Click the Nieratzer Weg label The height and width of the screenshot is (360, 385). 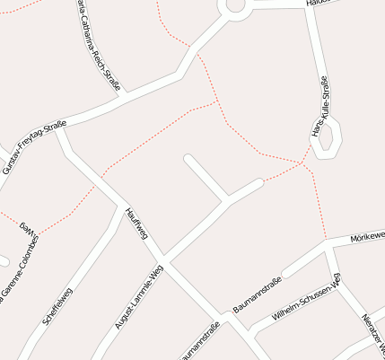click(x=373, y=332)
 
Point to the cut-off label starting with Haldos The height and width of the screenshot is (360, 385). click(x=319, y=3)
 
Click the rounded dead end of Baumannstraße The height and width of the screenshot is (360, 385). click(x=259, y=183)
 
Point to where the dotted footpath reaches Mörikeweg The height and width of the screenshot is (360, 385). click(x=325, y=241)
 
